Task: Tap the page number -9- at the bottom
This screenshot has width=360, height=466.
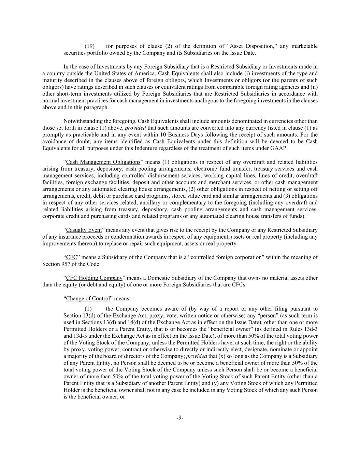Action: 180,418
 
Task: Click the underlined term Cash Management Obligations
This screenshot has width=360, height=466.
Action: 103,162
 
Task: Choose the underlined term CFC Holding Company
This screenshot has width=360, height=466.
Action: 94,278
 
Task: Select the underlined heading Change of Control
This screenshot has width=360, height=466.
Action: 88,298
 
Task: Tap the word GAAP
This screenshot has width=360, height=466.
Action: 279,148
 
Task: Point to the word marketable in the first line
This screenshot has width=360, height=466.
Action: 304,46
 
